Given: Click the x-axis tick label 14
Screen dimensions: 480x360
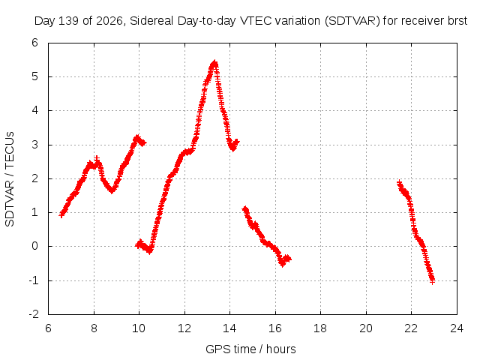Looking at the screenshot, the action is tap(229, 328).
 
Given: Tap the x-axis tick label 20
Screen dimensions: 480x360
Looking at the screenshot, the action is tap(366, 328).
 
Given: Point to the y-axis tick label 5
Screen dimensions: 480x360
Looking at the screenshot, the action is tap(35, 76).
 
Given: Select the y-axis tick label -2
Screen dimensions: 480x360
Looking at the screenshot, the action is tap(34, 314).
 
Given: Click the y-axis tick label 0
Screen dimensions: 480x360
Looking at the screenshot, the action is tap(35, 246).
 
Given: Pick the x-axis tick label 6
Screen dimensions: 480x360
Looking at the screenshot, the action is tap(48, 328).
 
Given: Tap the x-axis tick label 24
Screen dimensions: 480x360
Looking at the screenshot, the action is tap(457, 328).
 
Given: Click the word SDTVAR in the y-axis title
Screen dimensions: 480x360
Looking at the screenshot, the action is tap(10, 203).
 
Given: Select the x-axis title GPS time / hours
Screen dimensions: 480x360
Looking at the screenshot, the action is tap(250, 349).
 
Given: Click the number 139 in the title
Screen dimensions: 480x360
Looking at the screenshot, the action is tap(70, 21).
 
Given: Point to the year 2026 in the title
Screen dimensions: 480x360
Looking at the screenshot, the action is tap(109, 21).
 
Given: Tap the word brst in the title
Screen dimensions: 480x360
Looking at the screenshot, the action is tap(457, 21).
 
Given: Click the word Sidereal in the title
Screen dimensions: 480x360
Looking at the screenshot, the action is tap(151, 21).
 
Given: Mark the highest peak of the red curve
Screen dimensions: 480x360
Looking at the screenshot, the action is tap(214, 63).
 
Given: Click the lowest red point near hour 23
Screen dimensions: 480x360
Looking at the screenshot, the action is tap(432, 281).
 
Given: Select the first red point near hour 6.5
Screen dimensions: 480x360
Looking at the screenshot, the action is tap(61, 214).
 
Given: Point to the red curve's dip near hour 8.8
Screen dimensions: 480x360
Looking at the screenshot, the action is tap(112, 190).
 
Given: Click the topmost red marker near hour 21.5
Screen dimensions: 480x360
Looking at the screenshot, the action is tap(399, 183).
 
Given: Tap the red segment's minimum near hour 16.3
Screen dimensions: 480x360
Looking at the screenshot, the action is tap(282, 264).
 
